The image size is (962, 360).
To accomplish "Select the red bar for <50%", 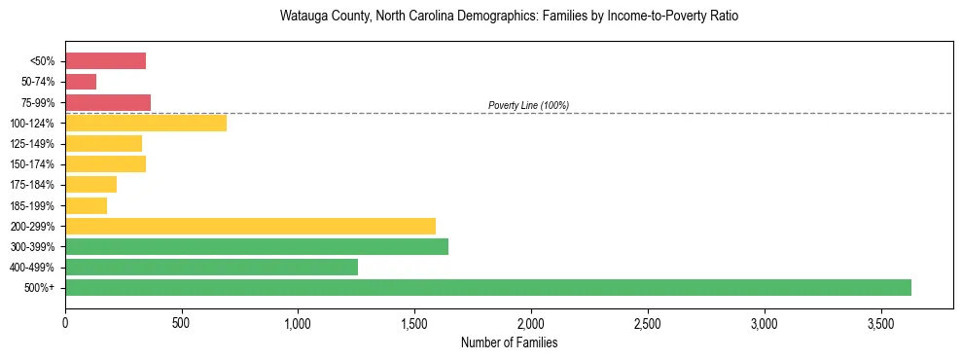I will [x=105, y=61].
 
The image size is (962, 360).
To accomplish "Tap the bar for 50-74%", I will [x=81, y=82].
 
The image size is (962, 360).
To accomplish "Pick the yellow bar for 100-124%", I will [x=146, y=123].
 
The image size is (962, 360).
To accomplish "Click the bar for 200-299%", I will [x=250, y=226].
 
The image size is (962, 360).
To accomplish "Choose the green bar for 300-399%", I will [x=257, y=246].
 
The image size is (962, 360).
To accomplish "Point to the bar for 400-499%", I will [x=211, y=267].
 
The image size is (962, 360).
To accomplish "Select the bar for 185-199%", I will [x=86, y=205].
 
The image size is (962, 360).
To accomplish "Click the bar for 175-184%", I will [x=90, y=184].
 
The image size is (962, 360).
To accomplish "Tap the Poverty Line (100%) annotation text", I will [x=528, y=105].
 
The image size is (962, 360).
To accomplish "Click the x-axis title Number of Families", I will [x=509, y=343].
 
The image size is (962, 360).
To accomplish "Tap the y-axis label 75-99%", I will [x=38, y=102].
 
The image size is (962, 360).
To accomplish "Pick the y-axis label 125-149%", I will [x=33, y=143].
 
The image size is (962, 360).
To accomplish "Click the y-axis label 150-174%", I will [x=33, y=163].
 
